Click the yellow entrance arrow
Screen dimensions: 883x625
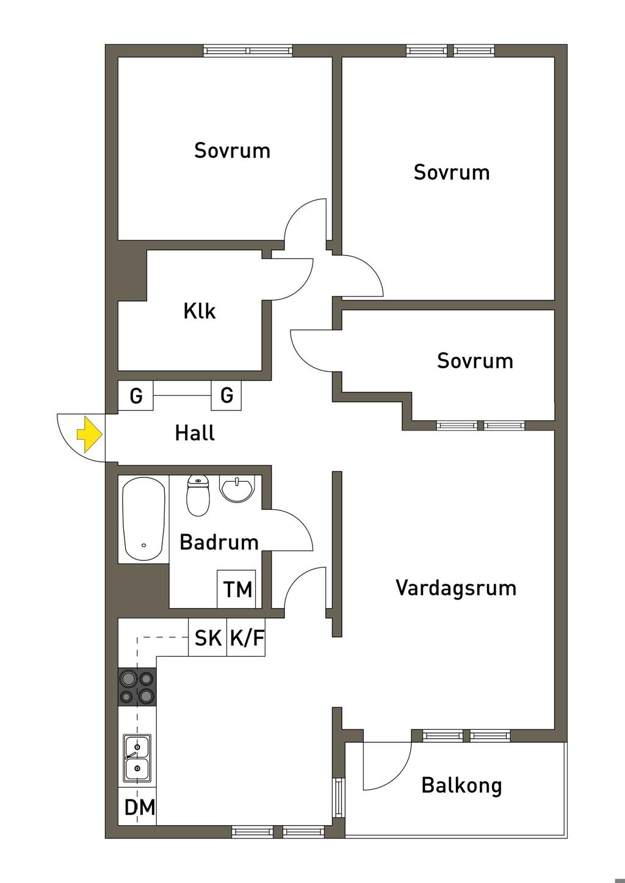click(89, 434)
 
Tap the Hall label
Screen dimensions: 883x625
click(195, 434)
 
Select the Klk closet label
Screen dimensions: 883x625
click(200, 312)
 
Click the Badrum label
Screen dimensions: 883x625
click(219, 542)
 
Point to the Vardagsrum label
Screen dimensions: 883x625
click(455, 588)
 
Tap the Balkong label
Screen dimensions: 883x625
click(461, 785)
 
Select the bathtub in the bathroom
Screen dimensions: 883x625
click(144, 518)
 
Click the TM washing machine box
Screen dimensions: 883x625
click(237, 589)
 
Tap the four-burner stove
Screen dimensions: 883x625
click(137, 687)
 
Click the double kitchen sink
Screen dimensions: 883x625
click(137, 758)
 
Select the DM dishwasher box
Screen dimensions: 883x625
click(139, 807)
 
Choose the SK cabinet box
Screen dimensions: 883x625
click(208, 638)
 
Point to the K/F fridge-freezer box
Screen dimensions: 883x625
click(247, 638)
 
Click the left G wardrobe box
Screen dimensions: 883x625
click(135, 396)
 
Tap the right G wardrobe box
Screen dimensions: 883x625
click(226, 396)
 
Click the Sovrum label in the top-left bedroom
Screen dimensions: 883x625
click(232, 151)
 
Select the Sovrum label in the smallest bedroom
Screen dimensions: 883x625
click(475, 361)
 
